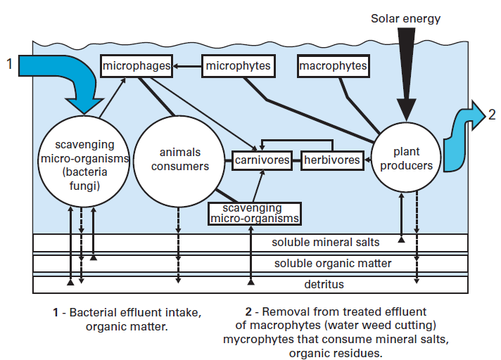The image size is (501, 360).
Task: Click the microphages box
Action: [x=137, y=66]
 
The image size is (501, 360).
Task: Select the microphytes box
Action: [x=236, y=67]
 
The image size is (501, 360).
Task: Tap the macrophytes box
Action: [x=333, y=66]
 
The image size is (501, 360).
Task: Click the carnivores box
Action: [x=262, y=160]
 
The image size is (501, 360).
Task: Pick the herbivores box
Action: [x=331, y=160]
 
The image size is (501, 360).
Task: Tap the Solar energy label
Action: [x=405, y=19]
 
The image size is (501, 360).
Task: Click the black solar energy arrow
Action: [x=406, y=77]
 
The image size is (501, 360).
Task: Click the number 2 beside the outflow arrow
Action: [x=492, y=115]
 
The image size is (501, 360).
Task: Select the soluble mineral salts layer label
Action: [x=326, y=243]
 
